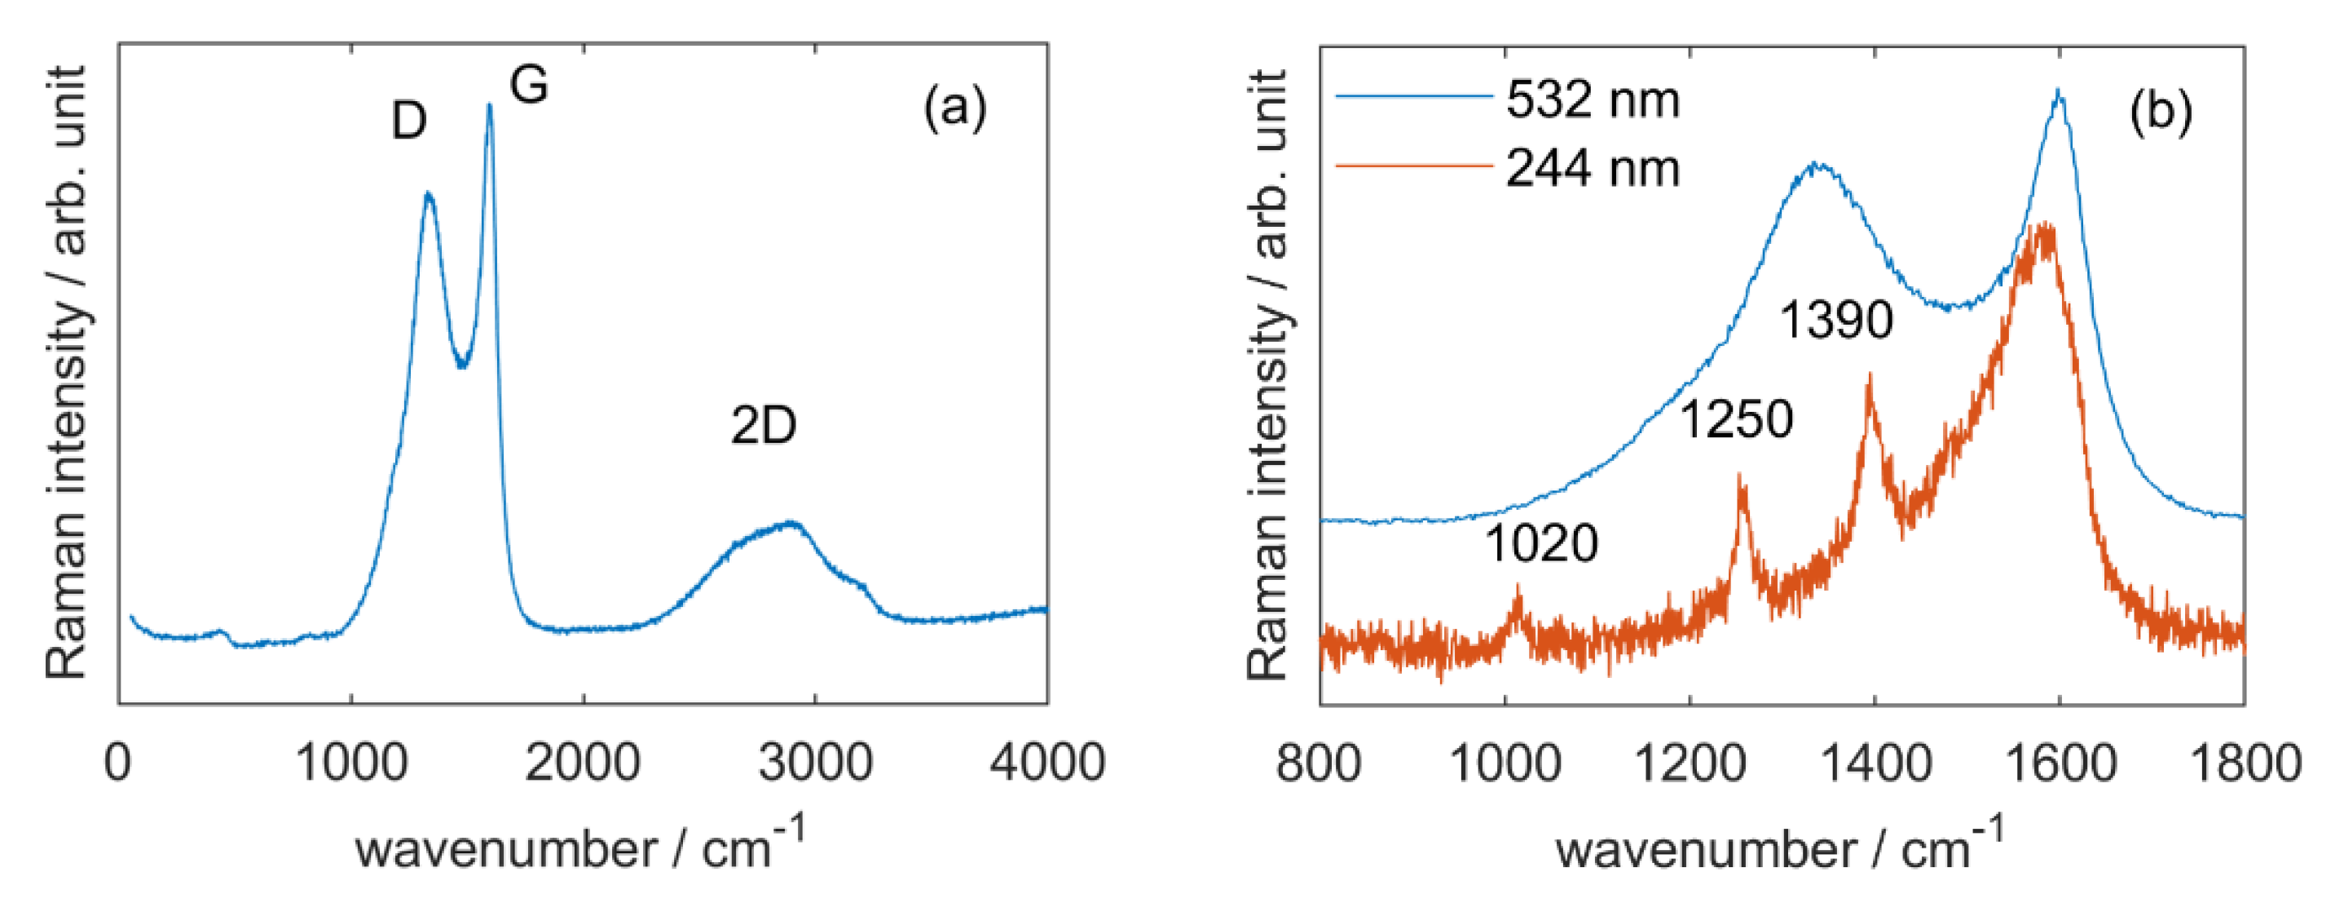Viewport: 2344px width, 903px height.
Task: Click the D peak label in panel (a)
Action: pyautogui.click(x=408, y=120)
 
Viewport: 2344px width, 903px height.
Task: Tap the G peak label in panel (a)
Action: pyautogui.click(x=529, y=86)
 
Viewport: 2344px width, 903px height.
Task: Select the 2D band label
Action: pyautogui.click(x=763, y=425)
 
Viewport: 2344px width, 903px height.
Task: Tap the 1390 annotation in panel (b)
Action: pyautogui.click(x=1835, y=321)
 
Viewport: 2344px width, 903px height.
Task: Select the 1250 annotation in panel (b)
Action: pyautogui.click(x=1735, y=419)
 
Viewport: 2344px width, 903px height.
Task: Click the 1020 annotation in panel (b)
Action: pyautogui.click(x=1540, y=543)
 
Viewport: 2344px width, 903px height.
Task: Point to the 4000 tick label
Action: pyautogui.click(x=1046, y=763)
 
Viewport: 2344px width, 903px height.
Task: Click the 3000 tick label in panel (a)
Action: pyautogui.click(x=815, y=763)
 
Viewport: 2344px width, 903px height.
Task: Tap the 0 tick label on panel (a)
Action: pyautogui.click(x=117, y=763)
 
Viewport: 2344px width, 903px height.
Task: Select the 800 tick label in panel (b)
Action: pyautogui.click(x=1319, y=763)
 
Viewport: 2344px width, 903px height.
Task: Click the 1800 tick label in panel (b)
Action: pyautogui.click(x=2245, y=763)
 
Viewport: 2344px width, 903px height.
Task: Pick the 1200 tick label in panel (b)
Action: pyautogui.click(x=1690, y=763)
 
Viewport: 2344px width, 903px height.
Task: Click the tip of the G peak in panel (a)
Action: pyautogui.click(x=490, y=104)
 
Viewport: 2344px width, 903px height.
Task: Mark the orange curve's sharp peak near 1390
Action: pyautogui.click(x=1869, y=375)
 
